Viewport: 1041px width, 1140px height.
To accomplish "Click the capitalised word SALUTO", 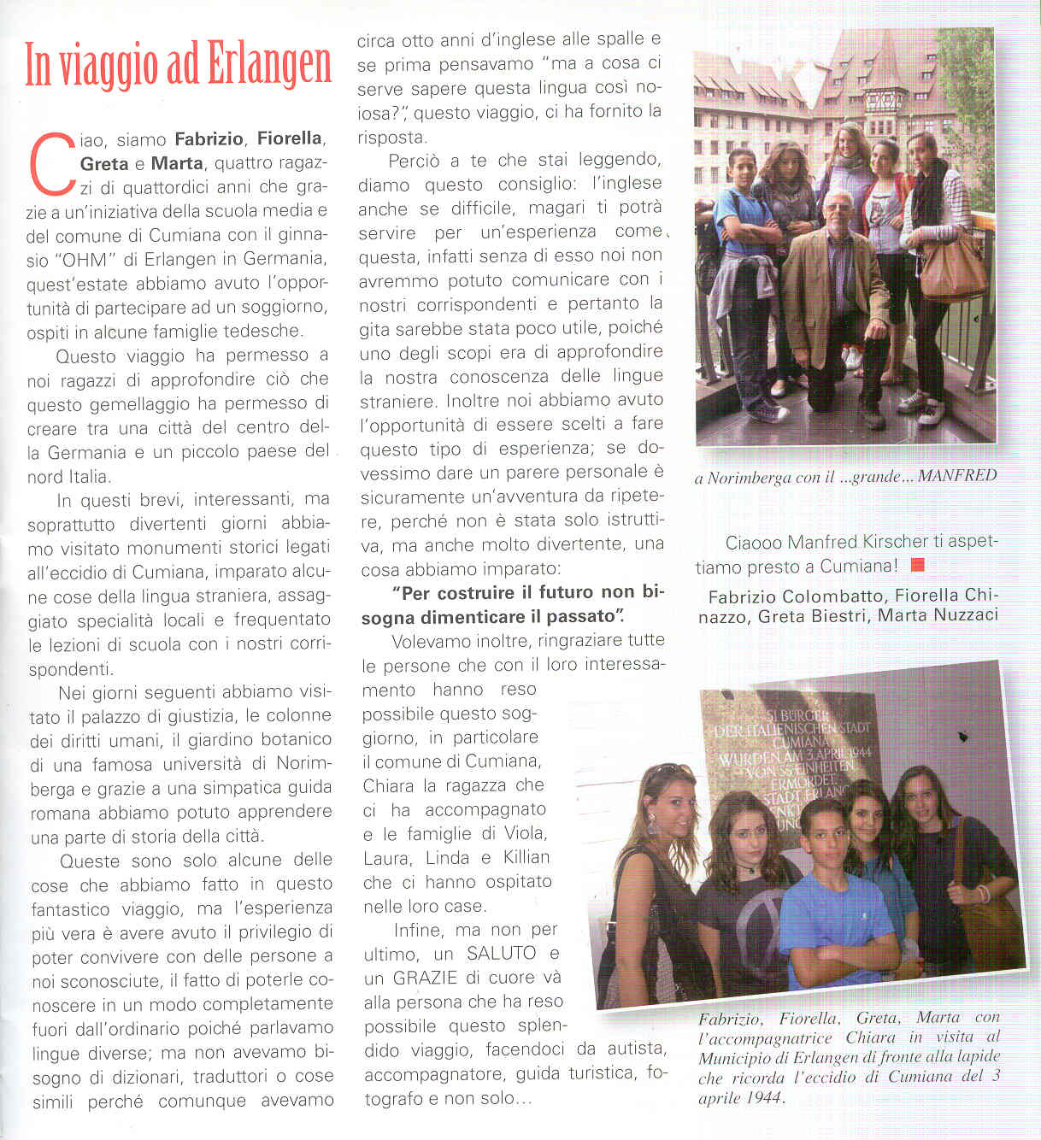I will (502, 953).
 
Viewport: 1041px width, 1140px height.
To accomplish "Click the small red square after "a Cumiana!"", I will (918, 565).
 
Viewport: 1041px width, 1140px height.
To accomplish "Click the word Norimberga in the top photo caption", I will (750, 478).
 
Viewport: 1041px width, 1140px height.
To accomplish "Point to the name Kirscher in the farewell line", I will (865, 542).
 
